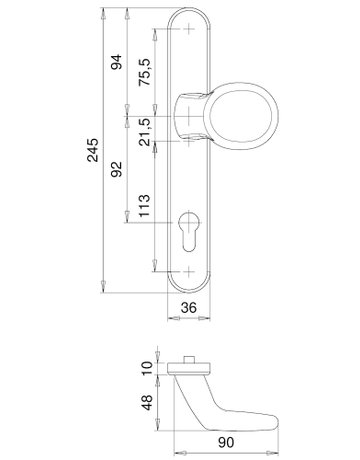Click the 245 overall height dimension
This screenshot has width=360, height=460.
point(93,150)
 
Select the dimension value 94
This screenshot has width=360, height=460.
point(116,62)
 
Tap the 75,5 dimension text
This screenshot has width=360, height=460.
point(145,72)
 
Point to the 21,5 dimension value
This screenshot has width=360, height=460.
point(145,132)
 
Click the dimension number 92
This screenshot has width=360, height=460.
point(116,169)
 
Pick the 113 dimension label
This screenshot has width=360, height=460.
point(144,206)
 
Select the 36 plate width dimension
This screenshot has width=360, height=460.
point(189,308)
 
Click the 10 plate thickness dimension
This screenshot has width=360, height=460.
point(147,368)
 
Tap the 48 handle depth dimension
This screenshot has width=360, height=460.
point(147,402)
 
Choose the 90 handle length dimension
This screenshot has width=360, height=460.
point(226,443)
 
